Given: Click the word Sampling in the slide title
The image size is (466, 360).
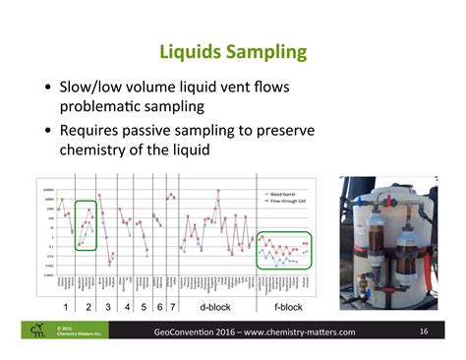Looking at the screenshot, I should pyautogui.click(x=267, y=51).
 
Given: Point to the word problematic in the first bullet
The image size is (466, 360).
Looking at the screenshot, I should pyautogui.click(x=113, y=106).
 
